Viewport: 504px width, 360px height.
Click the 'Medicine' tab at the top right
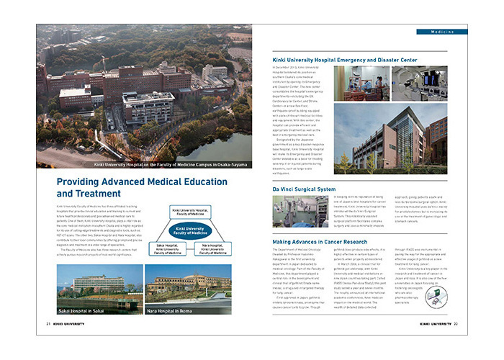[441, 32]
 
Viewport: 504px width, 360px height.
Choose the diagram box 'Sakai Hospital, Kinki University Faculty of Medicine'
[168, 249]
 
